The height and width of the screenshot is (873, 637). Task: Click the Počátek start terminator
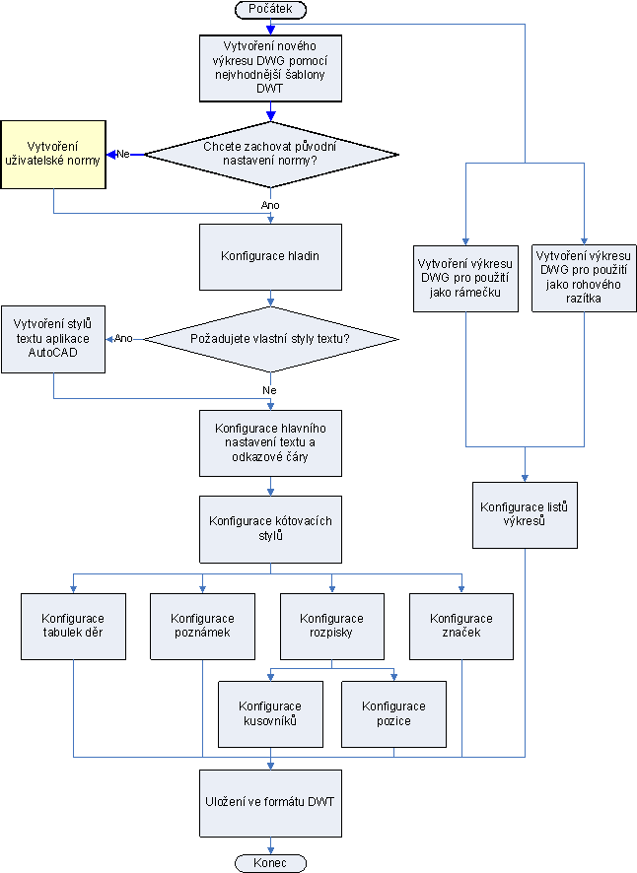tap(270, 9)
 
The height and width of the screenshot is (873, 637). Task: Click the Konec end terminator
tap(270, 862)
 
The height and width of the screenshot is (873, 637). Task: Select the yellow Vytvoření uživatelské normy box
tap(52, 153)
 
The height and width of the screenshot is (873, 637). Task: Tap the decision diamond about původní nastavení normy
tap(270, 154)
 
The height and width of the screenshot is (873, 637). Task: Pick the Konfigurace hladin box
tap(270, 255)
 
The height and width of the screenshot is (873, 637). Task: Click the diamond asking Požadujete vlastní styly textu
tap(270, 339)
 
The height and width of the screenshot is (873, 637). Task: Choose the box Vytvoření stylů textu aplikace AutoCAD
tap(52, 338)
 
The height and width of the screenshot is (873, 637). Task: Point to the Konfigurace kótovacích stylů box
tap(270, 527)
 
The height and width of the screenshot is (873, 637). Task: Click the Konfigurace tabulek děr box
tap(74, 625)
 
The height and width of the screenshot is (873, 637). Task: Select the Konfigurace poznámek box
tap(202, 625)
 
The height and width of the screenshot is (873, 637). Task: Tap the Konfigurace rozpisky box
tap(331, 625)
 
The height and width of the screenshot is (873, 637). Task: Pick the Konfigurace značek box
tap(460, 625)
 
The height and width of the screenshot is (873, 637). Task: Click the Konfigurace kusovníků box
tap(270, 712)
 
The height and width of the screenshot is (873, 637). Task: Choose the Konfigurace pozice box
tap(393, 712)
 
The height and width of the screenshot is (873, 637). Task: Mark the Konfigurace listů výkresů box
tap(525, 513)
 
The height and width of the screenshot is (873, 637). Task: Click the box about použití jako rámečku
tap(465, 278)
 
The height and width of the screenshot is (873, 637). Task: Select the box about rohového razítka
tap(584, 278)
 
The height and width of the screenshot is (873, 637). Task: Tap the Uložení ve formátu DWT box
tap(270, 801)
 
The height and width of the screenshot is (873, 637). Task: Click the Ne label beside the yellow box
tap(124, 154)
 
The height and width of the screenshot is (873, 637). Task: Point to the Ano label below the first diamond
tap(270, 204)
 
